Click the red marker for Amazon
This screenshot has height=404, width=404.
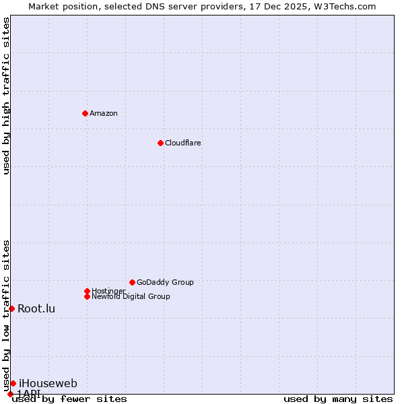(85, 113)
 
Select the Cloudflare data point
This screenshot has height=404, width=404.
(160, 143)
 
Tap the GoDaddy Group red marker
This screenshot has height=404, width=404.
(132, 282)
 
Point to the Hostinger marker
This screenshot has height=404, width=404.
(87, 291)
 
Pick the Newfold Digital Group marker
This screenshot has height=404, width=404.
(87, 296)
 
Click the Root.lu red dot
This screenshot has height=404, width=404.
(11, 308)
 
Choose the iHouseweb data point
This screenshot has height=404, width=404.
(13, 383)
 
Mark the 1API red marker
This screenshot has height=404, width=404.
(10, 394)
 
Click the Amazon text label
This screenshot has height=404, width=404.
(104, 113)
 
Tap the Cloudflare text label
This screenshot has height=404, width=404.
(183, 143)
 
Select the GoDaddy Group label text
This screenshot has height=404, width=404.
(165, 282)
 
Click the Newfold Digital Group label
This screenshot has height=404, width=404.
(131, 296)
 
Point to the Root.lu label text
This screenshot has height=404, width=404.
(36, 309)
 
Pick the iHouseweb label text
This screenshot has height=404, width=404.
(48, 384)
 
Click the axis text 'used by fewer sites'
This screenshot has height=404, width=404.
(69, 399)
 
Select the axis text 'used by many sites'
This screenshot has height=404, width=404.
(338, 399)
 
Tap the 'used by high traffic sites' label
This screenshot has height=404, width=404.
(7, 96)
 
